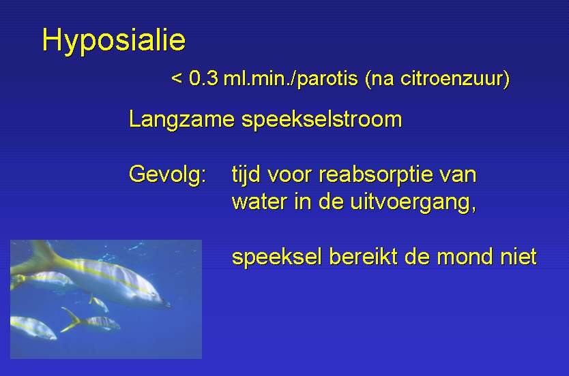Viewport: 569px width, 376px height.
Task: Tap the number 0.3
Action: [203, 78]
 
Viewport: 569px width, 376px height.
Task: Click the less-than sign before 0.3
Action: [176, 78]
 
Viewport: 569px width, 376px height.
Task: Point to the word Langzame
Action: [181, 119]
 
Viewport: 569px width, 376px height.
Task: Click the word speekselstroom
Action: [322, 119]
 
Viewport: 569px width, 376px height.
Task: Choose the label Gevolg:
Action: [168, 174]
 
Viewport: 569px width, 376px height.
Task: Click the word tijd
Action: [246, 174]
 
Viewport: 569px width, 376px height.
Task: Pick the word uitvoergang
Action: [410, 202]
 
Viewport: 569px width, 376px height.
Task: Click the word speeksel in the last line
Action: [277, 257]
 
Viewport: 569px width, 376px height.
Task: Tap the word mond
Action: [465, 257]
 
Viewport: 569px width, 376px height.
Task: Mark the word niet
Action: [519, 257]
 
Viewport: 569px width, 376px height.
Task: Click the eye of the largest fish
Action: [156, 295]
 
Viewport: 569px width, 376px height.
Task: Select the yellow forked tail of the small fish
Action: [71, 319]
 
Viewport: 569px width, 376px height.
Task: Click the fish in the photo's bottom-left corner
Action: [33, 328]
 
